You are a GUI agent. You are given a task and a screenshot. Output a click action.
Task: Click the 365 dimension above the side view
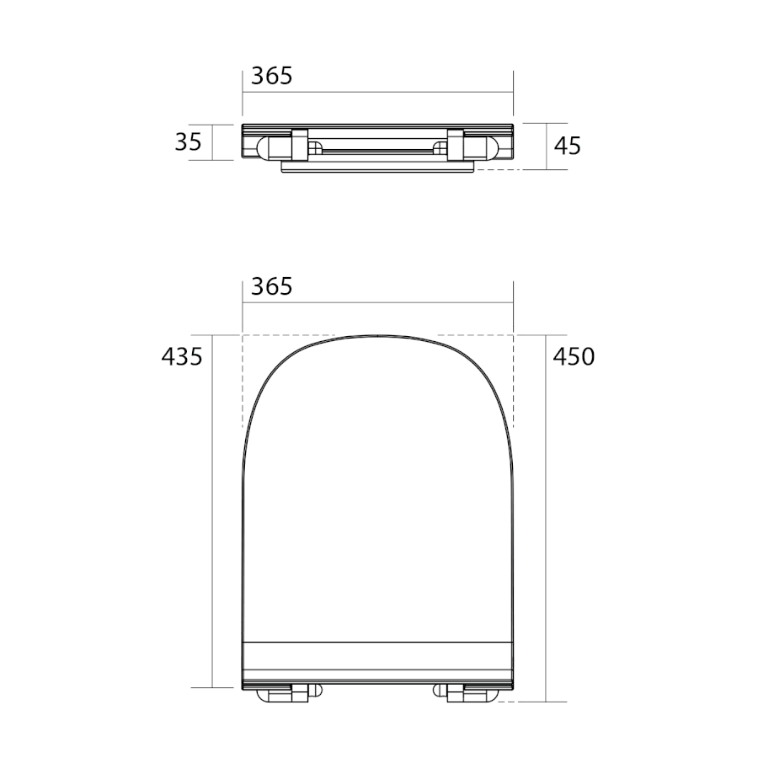tap(272, 76)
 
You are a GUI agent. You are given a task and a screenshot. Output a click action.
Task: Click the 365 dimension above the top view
tap(272, 286)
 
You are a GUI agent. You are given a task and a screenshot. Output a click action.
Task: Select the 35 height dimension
tap(188, 142)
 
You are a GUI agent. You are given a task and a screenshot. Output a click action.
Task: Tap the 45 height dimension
tap(568, 146)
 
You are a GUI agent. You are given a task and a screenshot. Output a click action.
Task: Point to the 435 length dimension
tap(182, 357)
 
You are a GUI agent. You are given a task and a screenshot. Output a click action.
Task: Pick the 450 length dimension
tap(574, 357)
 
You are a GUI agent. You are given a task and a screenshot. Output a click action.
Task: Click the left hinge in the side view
tap(284, 145)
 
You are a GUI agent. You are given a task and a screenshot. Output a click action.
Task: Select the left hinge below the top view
tap(289, 693)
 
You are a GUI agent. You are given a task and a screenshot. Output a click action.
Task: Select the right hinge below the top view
tap(466, 693)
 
